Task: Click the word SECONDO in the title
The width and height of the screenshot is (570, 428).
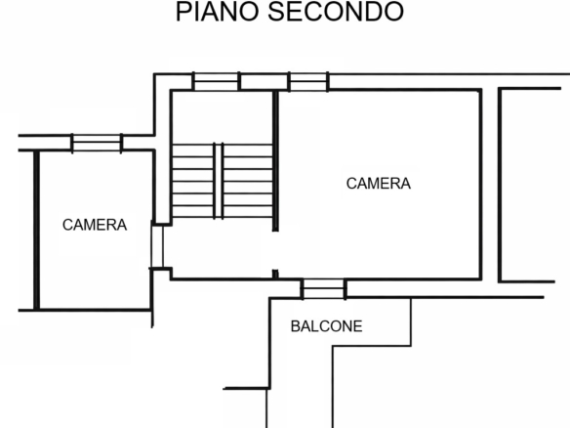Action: tap(336, 12)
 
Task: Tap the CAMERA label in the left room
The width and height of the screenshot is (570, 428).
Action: tap(95, 225)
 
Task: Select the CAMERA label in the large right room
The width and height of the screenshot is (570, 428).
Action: tap(379, 184)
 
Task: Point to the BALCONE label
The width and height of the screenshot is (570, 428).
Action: tap(326, 326)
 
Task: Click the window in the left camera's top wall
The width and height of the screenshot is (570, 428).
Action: tap(97, 143)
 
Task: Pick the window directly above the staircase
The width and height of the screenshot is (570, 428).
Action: tap(216, 81)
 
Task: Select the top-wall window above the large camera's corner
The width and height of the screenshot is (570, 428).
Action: tap(308, 81)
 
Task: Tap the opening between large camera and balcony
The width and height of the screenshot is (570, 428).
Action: tap(323, 289)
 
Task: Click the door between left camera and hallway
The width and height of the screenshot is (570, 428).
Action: tap(157, 247)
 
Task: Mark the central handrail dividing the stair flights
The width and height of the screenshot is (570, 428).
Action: tap(218, 181)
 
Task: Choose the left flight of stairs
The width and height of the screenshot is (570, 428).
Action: tap(192, 181)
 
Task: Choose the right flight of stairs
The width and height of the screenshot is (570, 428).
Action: tap(248, 181)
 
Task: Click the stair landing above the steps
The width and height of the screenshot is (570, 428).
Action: tap(223, 117)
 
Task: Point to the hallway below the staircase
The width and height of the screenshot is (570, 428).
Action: tap(223, 248)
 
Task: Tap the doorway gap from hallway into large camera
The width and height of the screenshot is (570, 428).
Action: tap(275, 250)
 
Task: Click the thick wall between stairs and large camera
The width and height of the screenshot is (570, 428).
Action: tap(275, 161)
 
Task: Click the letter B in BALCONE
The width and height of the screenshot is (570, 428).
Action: tap(295, 326)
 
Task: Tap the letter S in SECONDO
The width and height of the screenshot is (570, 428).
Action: tap(276, 12)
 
